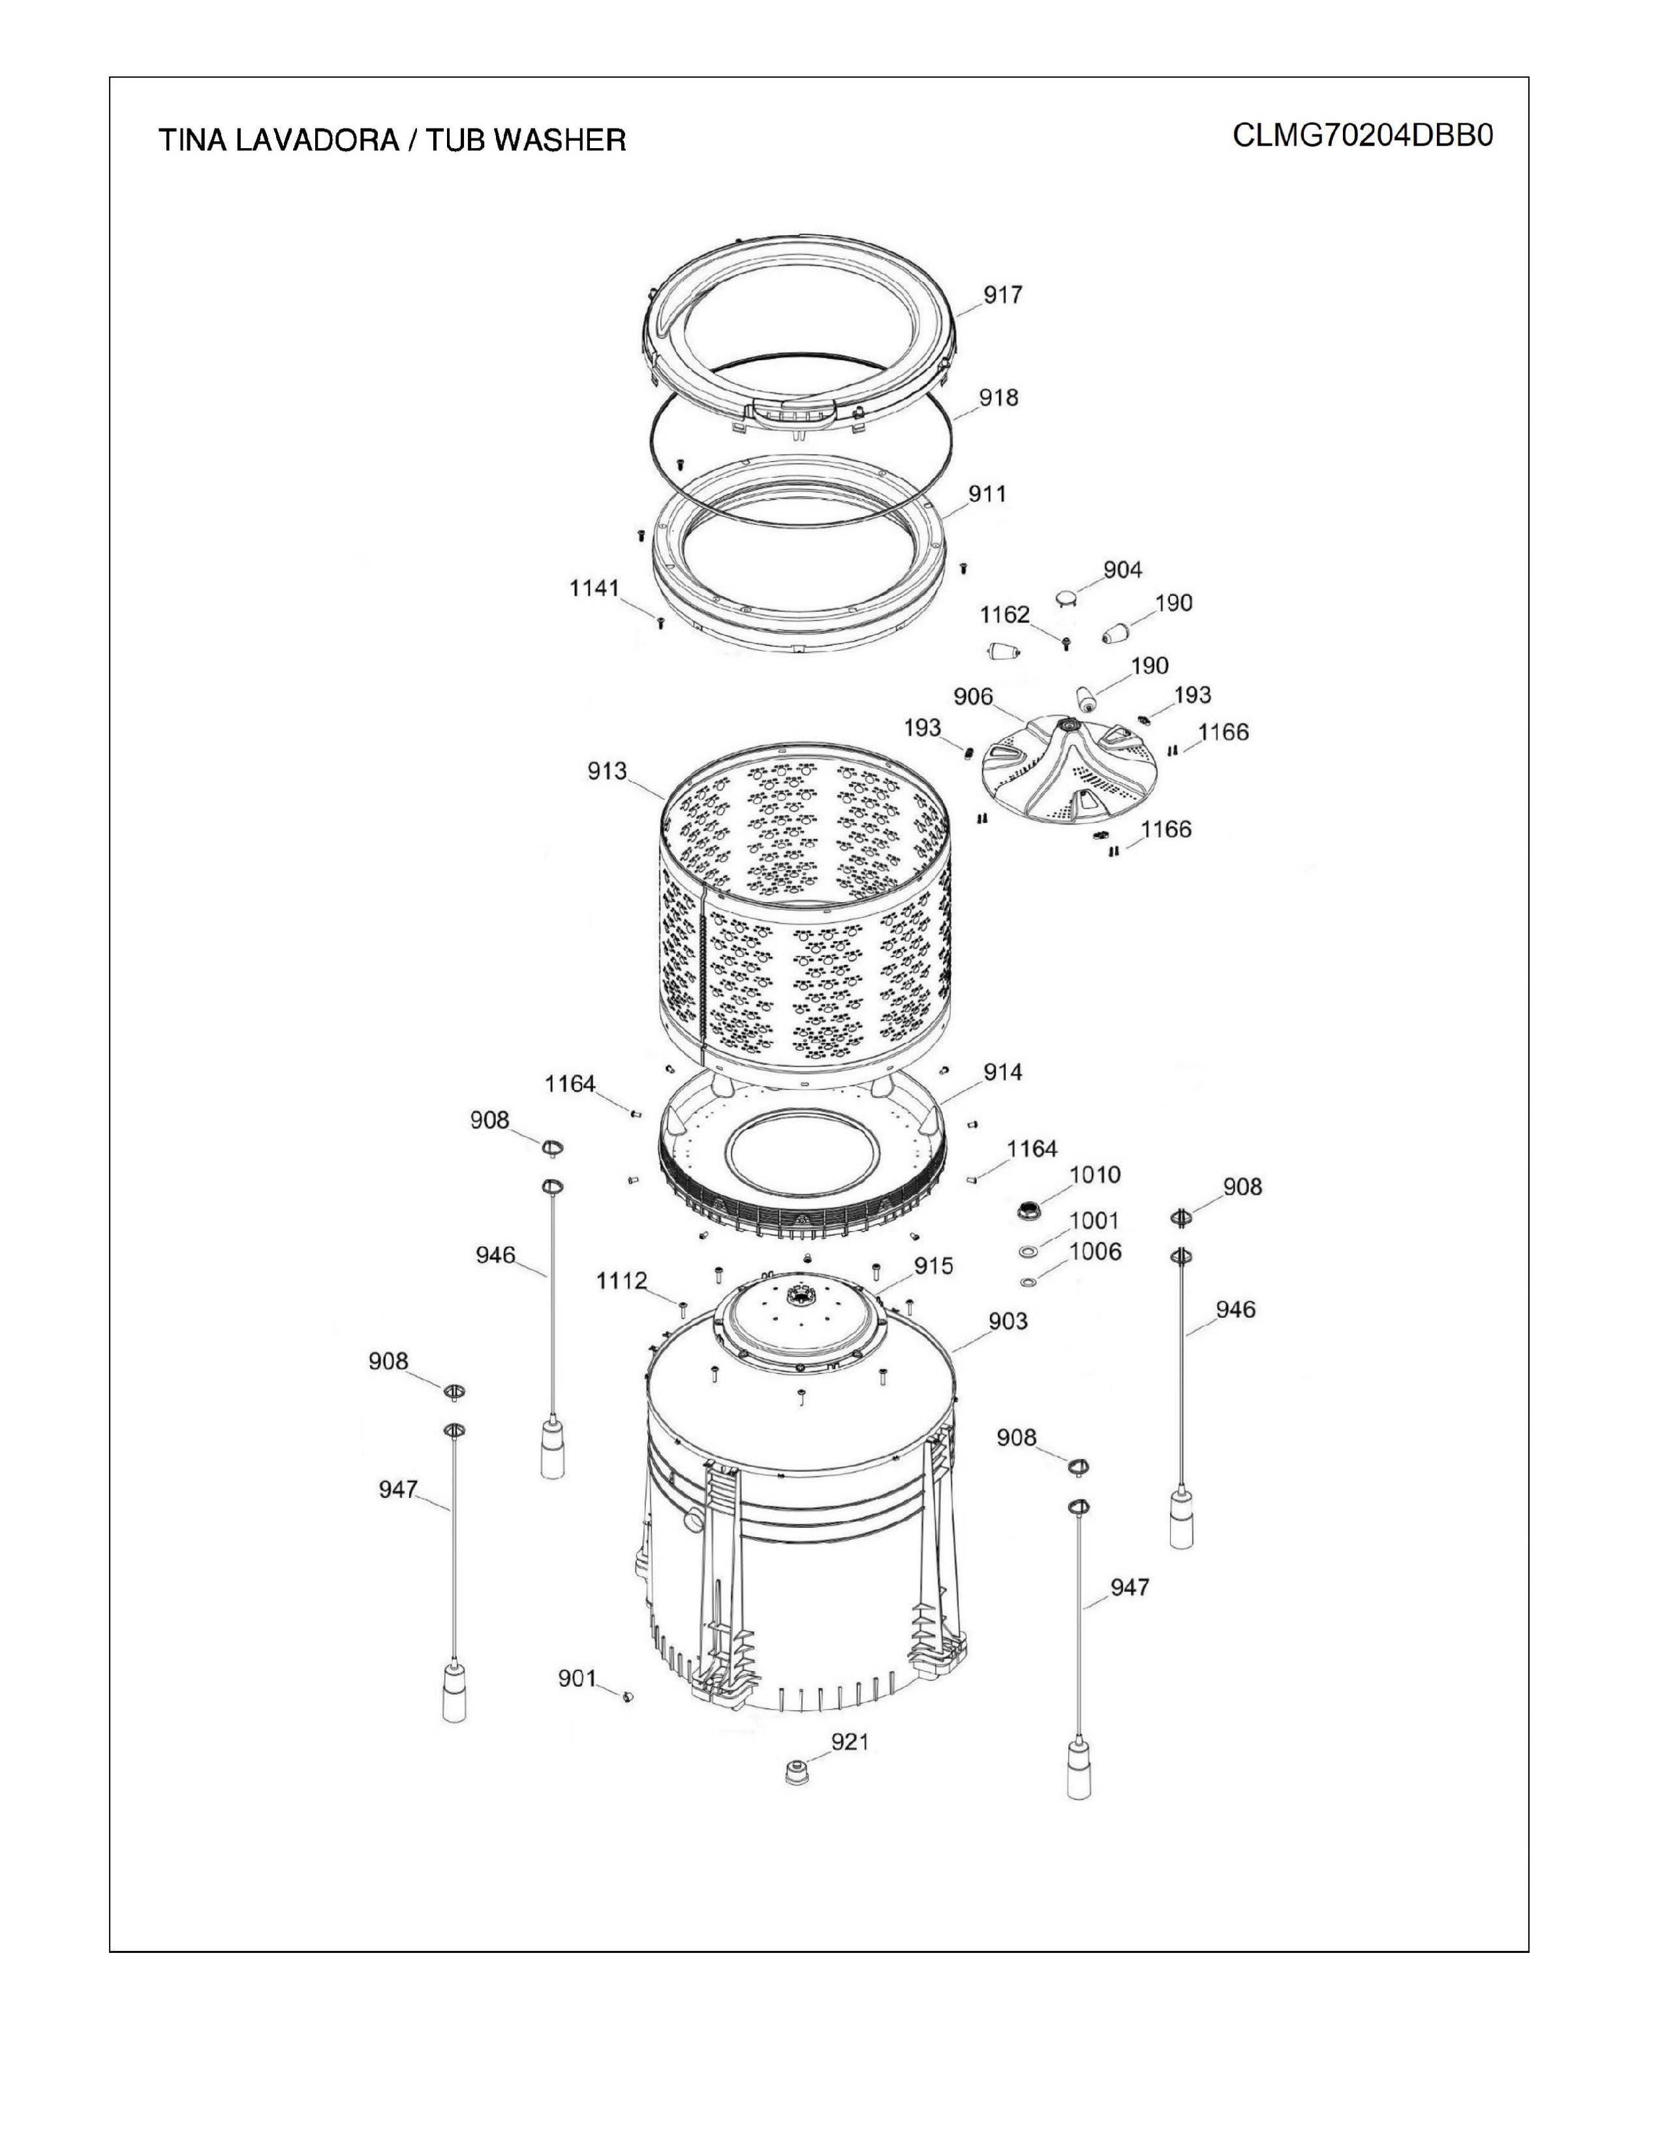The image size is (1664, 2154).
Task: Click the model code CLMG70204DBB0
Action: [1363, 135]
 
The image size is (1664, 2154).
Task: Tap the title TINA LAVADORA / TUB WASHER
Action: [392, 140]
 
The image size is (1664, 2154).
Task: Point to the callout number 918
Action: [998, 398]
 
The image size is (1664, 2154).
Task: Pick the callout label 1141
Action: [594, 588]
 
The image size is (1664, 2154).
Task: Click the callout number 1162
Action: [1004, 614]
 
